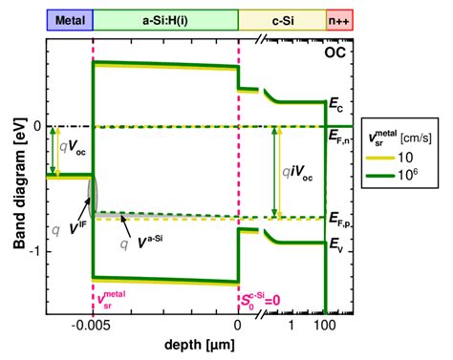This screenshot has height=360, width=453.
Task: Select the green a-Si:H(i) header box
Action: coord(164,19)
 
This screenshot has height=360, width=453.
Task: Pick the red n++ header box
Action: coord(340,19)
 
